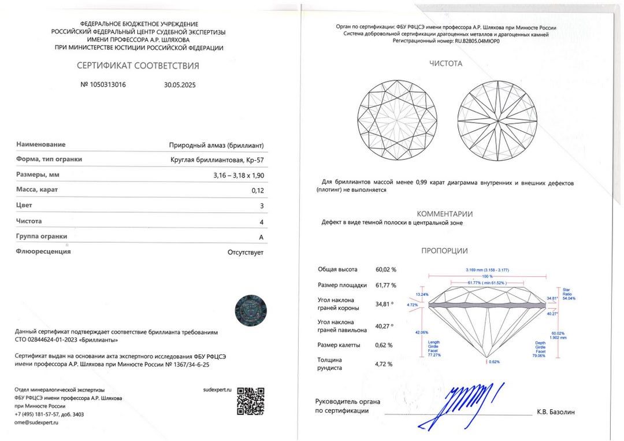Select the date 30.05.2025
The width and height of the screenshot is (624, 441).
point(180,84)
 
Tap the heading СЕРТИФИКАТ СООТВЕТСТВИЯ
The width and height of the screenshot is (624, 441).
point(138,65)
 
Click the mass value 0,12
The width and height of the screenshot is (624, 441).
point(258,190)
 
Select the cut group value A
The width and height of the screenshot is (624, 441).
point(261,237)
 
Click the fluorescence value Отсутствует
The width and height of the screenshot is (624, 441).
point(246,252)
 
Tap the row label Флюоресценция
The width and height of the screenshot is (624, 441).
point(43,251)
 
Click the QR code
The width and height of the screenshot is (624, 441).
point(251,401)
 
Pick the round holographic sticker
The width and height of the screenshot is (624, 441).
point(251,311)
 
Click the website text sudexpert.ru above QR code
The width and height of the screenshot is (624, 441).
point(217,391)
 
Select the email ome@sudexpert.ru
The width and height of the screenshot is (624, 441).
point(36,423)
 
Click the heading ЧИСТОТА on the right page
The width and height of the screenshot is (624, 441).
point(445,64)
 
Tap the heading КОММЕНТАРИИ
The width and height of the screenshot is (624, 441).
point(445,214)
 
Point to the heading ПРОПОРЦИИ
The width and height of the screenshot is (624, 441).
point(444,251)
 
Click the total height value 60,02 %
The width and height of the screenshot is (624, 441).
point(386,269)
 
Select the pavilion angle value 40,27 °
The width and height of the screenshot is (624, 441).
point(384,326)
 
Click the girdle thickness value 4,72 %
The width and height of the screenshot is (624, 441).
point(384,364)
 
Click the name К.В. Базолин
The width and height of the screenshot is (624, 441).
point(556,412)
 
